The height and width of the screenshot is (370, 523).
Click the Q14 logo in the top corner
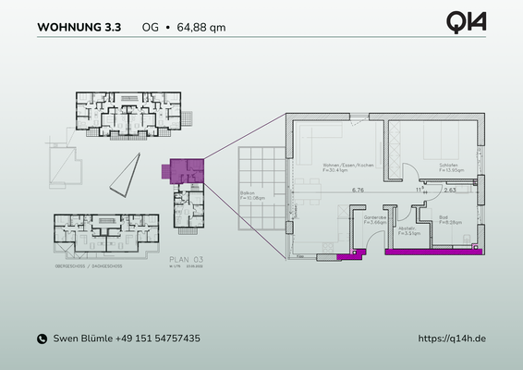(x=466, y=21)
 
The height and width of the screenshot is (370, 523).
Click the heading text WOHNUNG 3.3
(x=79, y=27)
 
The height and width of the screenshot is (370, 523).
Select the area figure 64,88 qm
(x=201, y=27)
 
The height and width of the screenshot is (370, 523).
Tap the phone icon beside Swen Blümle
(x=42, y=339)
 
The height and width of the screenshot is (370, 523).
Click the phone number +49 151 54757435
(x=152, y=339)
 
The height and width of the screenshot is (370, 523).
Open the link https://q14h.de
(x=452, y=339)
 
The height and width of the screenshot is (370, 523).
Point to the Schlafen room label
(x=435, y=166)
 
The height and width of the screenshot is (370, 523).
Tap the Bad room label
(x=444, y=219)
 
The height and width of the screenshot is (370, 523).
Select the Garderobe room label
(x=375, y=219)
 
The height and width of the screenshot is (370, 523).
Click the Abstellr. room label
(x=407, y=231)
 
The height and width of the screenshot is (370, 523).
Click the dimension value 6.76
(x=357, y=191)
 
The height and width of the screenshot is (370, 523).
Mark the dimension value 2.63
(x=450, y=191)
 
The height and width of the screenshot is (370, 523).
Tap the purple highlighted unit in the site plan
(x=182, y=169)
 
